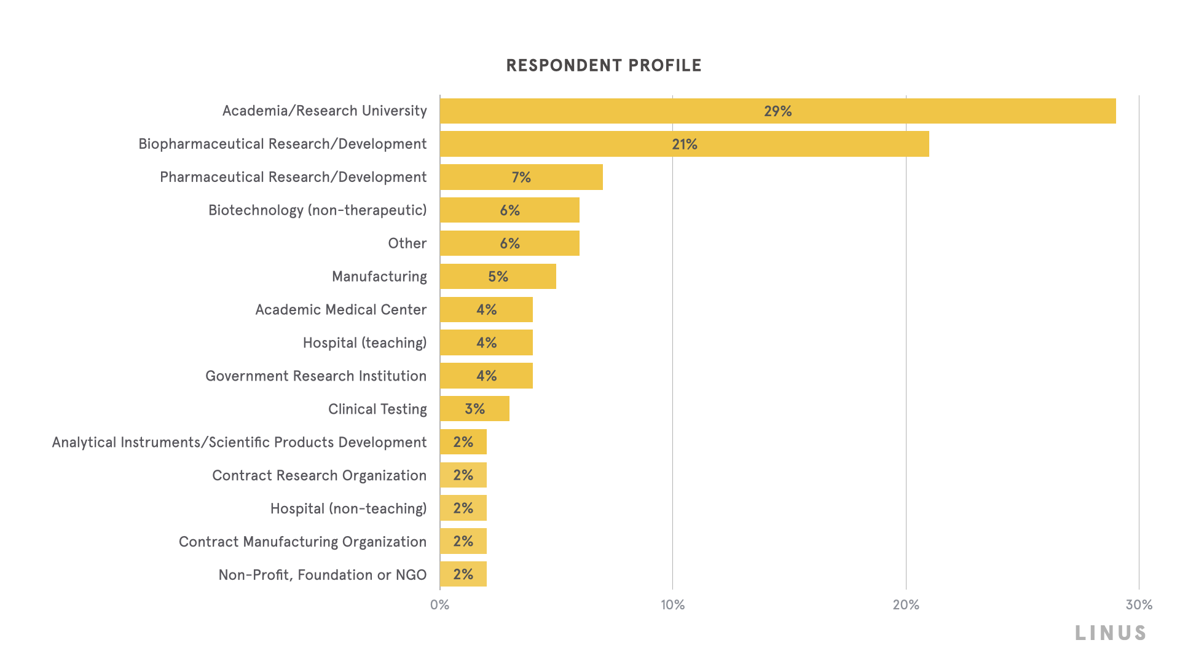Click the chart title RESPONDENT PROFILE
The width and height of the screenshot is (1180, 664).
pyautogui.click(x=604, y=65)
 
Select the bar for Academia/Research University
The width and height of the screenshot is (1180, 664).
pyautogui.click(x=777, y=111)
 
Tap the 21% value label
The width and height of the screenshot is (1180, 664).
pyautogui.click(x=684, y=144)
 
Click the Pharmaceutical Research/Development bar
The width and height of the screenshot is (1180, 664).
pyautogui.click(x=521, y=177)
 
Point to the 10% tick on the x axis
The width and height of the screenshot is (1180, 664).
pyautogui.click(x=672, y=605)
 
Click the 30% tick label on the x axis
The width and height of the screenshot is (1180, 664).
pyautogui.click(x=1138, y=605)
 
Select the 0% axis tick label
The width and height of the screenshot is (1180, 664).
pyautogui.click(x=439, y=605)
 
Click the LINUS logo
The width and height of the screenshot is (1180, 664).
pyautogui.click(x=1111, y=633)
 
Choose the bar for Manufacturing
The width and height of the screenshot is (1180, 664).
pyautogui.click(x=498, y=277)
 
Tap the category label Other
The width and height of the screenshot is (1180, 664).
pyautogui.click(x=407, y=243)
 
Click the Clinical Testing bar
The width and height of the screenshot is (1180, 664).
pyautogui.click(x=474, y=409)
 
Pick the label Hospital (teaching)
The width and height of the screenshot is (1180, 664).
pyautogui.click(x=364, y=343)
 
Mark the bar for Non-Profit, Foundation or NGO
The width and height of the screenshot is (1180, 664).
pyautogui.click(x=463, y=574)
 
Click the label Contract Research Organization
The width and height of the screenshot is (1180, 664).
pyautogui.click(x=319, y=475)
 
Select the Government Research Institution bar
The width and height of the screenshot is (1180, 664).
pyautogui.click(x=486, y=376)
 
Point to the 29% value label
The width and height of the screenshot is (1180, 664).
pyautogui.click(x=777, y=111)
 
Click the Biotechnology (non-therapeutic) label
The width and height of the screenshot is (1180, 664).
pyautogui.click(x=317, y=210)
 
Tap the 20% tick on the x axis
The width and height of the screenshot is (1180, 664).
pyautogui.click(x=905, y=605)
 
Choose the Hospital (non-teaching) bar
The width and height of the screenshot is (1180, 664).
pyautogui.click(x=463, y=508)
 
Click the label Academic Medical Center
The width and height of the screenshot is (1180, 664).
pyautogui.click(x=340, y=310)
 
